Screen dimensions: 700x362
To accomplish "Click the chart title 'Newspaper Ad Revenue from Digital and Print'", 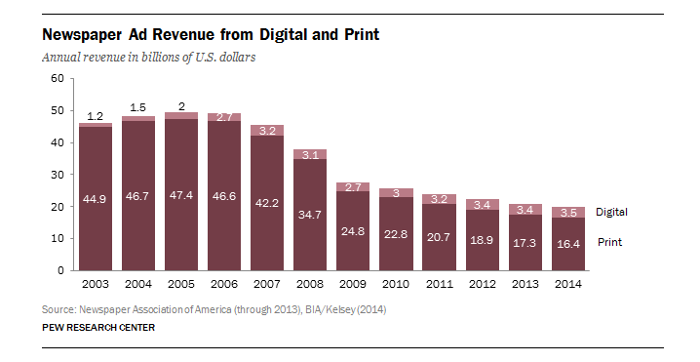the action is [211, 34].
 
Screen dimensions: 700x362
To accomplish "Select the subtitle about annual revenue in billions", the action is [148, 58].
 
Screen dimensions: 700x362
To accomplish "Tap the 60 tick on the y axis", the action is [58, 79].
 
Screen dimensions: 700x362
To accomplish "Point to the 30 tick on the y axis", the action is [58, 175].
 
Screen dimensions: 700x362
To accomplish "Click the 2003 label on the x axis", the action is [96, 284].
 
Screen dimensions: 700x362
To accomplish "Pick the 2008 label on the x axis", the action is [310, 284].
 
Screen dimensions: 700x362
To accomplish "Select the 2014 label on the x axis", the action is [567, 284].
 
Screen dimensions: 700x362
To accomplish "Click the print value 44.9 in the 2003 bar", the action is [95, 199].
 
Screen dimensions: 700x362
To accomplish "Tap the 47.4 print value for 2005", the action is [180, 195].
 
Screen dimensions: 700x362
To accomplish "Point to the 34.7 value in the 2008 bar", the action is [310, 215].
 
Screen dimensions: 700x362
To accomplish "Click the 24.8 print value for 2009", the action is [353, 231].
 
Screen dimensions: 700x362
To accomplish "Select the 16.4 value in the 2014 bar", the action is [568, 244].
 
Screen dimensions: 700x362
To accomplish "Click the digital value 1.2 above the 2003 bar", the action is [95, 116].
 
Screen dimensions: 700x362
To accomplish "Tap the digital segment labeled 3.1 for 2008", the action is [310, 154].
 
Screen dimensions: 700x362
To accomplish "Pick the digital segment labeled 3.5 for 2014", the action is [568, 213].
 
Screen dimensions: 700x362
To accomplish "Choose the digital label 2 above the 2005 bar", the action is [181, 106].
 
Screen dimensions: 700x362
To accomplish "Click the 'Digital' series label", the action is [611, 212].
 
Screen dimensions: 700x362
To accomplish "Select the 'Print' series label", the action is [610, 242].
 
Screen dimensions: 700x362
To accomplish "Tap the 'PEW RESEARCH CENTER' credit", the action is [98, 328].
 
